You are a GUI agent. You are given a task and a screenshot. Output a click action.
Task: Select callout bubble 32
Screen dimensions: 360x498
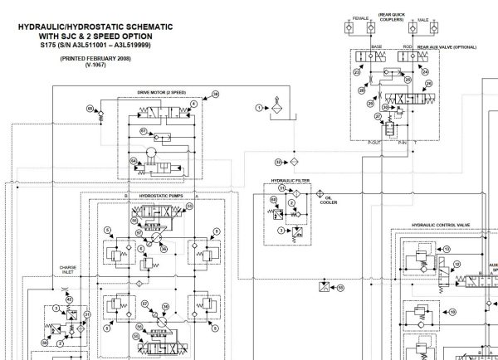coord(280,161)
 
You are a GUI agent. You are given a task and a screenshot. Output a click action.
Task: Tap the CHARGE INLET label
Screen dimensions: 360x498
coord(67,269)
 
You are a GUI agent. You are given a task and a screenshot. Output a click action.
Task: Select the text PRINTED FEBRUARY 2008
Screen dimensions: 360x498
coord(83,61)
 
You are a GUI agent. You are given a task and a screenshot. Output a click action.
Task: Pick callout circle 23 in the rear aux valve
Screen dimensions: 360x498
coord(358,72)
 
